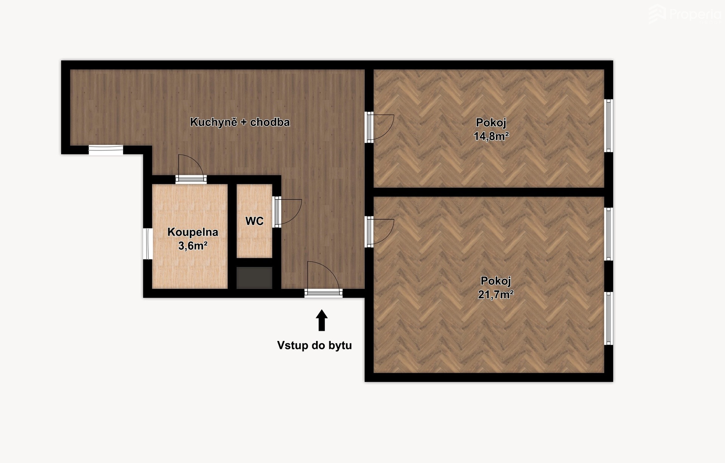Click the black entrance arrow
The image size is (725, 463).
tap(322, 320)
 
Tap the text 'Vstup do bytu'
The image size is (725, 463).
tap(315, 345)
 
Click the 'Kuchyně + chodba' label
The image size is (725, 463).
tap(240, 122)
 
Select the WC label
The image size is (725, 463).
tap(254, 221)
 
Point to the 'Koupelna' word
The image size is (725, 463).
tap(193, 232)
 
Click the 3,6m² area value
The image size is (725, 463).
tap(193, 246)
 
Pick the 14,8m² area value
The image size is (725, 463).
tap(491, 136)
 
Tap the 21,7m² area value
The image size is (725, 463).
tap(495, 294)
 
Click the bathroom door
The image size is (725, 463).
tap(191, 169)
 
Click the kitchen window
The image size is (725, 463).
tap(106, 150)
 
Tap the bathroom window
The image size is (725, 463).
tap(148, 244)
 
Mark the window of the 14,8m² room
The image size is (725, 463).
tap(608, 125)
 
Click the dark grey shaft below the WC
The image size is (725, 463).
tap(255, 278)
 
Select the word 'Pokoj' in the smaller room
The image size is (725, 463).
tap(491, 122)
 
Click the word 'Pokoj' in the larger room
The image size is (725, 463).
tap(495, 281)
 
